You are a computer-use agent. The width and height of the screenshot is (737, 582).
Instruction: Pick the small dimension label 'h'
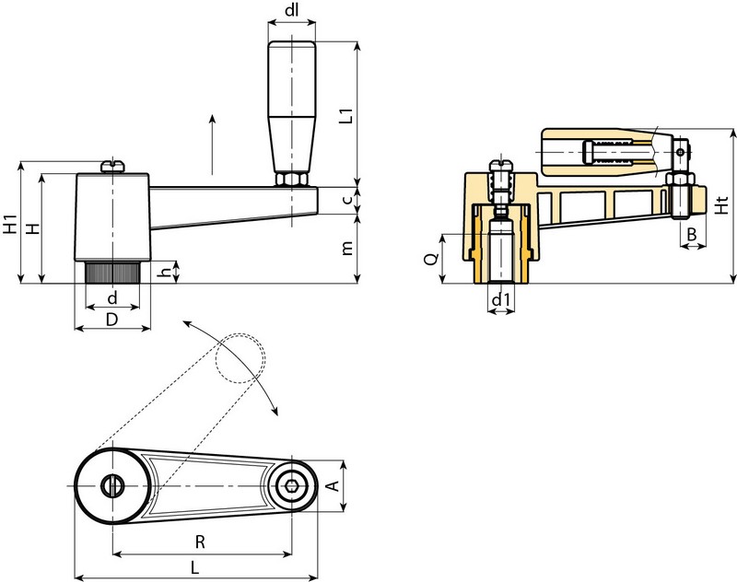pos(165,272)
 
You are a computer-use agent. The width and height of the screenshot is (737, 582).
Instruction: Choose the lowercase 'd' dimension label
pos(111,298)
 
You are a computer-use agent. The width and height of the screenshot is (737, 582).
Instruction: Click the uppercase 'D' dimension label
pos(111,319)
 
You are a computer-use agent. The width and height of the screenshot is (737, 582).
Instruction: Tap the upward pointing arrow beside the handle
pos(214,143)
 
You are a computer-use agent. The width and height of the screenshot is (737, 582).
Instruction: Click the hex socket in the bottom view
pos(292,486)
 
